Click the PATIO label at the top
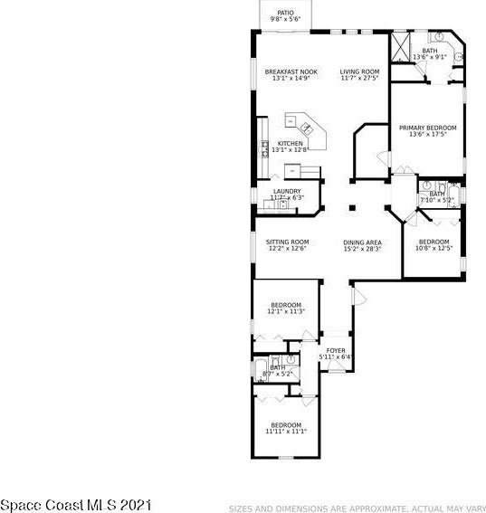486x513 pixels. [285, 13]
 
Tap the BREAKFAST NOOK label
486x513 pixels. [291, 71]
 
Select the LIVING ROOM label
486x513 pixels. [359, 71]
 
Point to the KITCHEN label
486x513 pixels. [291, 144]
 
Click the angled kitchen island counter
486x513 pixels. [298, 123]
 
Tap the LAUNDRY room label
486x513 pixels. [287, 191]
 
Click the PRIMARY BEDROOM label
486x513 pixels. [427, 128]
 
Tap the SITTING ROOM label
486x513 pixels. [287, 242]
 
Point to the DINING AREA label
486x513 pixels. [361, 242]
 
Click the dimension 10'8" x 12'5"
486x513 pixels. [433, 249]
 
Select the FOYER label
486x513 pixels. [335, 349]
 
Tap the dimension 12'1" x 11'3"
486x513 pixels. [285, 312]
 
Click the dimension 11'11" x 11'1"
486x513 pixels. [286, 432]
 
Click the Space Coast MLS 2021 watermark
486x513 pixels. [76, 502]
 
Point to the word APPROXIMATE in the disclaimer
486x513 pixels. [360, 508]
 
